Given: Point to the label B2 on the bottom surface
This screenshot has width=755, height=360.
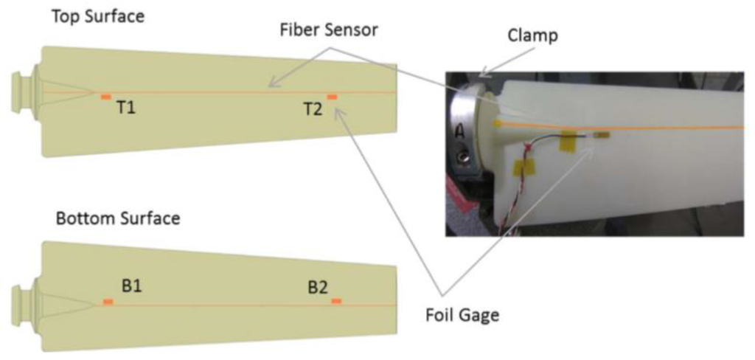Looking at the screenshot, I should tap(318, 286).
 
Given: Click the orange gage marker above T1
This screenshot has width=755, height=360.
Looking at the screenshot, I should tap(106, 97).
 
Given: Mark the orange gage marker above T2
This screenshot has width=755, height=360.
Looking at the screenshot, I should tap(332, 97).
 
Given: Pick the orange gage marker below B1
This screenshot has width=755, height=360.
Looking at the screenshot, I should tap(108, 302).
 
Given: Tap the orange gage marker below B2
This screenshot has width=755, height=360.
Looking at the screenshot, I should tap(336, 301).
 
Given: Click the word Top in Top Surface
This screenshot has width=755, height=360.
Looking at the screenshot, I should tap(63, 15).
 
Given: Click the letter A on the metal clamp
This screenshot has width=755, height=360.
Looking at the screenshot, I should tap(459, 132).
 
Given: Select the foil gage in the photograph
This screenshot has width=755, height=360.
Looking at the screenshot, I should tap(602, 136).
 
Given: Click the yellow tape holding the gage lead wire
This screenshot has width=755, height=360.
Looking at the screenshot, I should tap(569, 139).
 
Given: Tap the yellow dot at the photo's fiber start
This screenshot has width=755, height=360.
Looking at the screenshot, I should tap(498, 123).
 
